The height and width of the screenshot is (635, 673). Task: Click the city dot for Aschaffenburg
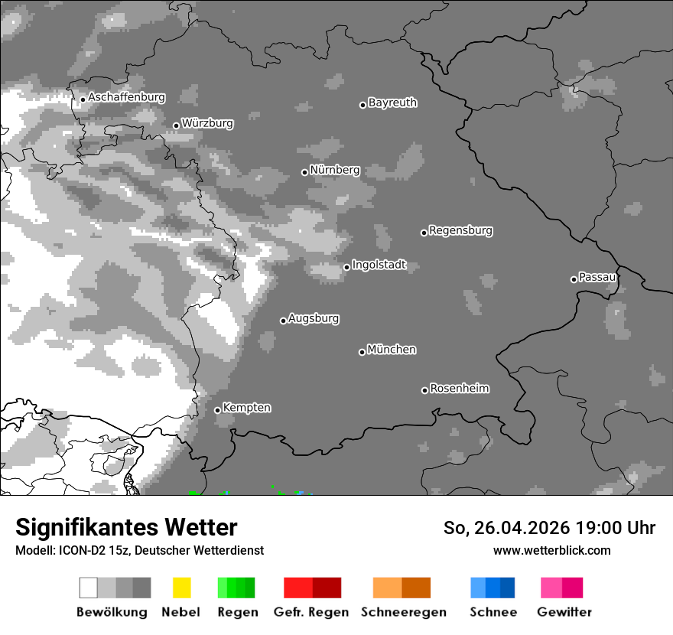pos(83,99)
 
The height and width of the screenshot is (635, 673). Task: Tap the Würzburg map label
pos(207,123)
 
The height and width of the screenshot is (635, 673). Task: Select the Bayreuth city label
pos(392,103)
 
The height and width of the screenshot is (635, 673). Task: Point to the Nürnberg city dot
pos(304,172)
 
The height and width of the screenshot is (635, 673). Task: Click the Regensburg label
pos(460,230)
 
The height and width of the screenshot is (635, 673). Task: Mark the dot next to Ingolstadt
pos(346,267)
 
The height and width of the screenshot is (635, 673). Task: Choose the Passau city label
pos(597,277)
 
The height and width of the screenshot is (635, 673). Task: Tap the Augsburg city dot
pos(283,321)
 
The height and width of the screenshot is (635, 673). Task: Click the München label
pos(392,350)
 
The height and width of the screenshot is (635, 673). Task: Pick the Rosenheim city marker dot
pos(424,390)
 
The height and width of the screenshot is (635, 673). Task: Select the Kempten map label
pos(246,408)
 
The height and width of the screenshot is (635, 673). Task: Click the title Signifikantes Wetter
pos(126,527)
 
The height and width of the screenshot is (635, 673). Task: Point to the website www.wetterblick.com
pos(551,550)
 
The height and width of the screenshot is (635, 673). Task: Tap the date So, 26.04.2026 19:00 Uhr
pos(549,528)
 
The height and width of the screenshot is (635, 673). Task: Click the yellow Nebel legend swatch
pos(181,588)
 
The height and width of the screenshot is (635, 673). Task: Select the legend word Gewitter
pos(564,612)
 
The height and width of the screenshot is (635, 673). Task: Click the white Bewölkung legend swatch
pos(89,588)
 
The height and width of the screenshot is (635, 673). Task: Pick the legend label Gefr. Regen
pos(310,612)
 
